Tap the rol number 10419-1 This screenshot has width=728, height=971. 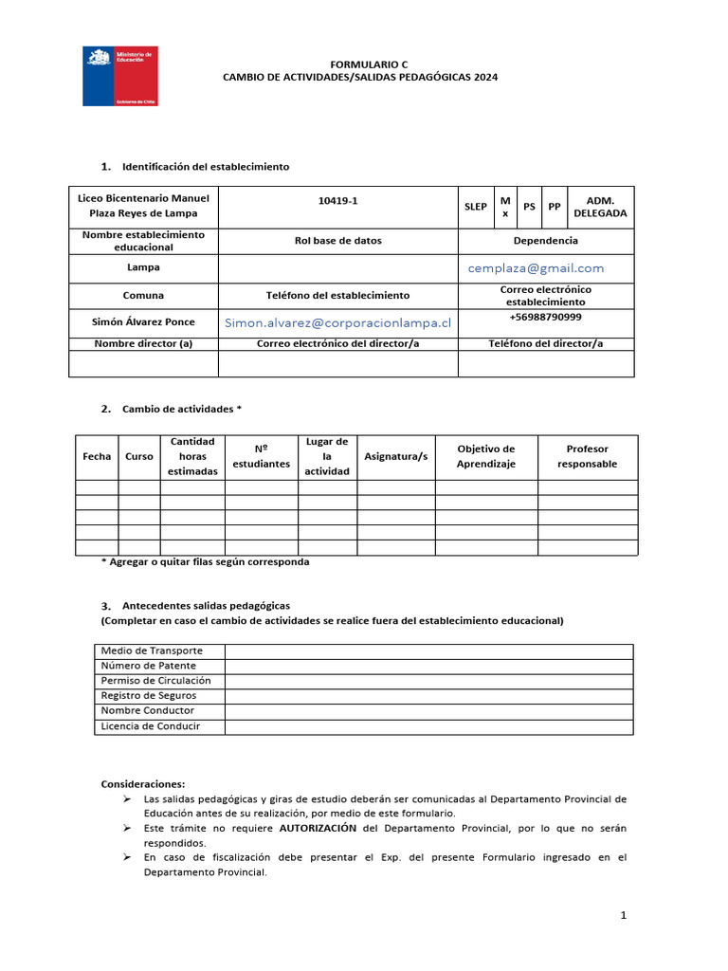tap(338, 200)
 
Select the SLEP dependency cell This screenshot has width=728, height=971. tap(476, 207)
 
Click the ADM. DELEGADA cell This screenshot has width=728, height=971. tap(600, 207)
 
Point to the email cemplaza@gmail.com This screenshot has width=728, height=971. tap(536, 268)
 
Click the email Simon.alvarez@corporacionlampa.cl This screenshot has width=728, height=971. tap(337, 323)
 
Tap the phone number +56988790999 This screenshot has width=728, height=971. tap(545, 317)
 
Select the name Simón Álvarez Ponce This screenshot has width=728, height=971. tap(143, 322)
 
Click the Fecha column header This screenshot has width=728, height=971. tap(97, 456)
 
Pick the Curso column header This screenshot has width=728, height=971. tap(138, 456)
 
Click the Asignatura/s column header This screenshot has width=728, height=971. tap(395, 456)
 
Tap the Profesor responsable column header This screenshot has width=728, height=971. tap(587, 456)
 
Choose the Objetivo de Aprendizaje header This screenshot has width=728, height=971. tap(485, 456)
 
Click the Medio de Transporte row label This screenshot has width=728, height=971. tap(151, 650)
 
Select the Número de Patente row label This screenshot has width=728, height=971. tap(149, 666)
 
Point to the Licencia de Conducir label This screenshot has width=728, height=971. tap(150, 726)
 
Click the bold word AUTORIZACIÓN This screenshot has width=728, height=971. tap(318, 828)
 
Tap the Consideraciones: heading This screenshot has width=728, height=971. tap(143, 784)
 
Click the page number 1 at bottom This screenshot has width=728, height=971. tap(623, 915)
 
